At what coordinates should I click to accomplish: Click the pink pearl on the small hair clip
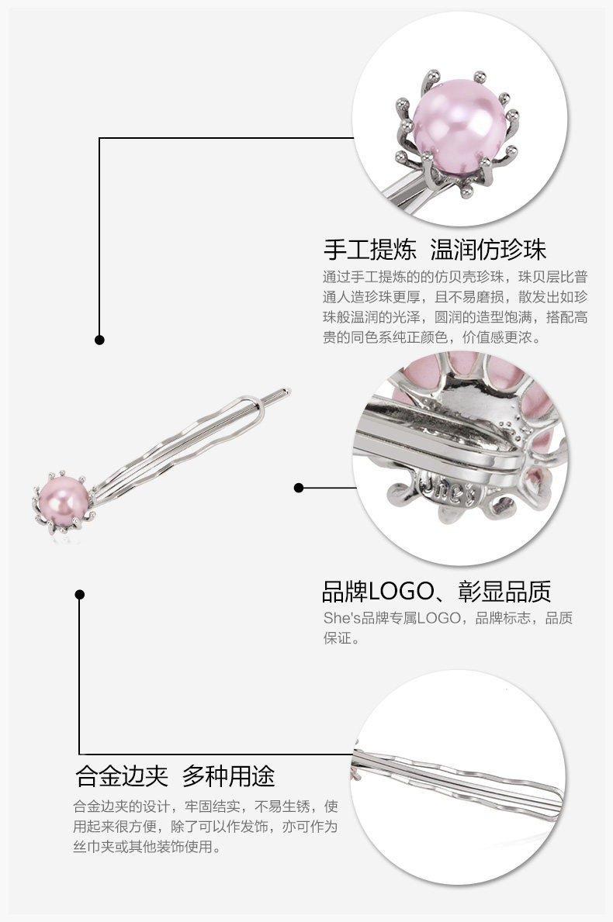(x=66, y=496)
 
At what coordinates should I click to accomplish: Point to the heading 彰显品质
(x=505, y=592)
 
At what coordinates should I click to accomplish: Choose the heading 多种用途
(x=229, y=776)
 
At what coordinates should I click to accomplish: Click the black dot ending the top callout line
(x=99, y=340)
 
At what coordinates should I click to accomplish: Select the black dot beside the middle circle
(x=299, y=488)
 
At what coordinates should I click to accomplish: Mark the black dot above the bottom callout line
(x=79, y=595)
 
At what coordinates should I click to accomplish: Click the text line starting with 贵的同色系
(x=432, y=338)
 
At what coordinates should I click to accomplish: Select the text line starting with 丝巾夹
(x=147, y=847)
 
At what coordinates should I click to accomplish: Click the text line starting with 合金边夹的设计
(x=206, y=806)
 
